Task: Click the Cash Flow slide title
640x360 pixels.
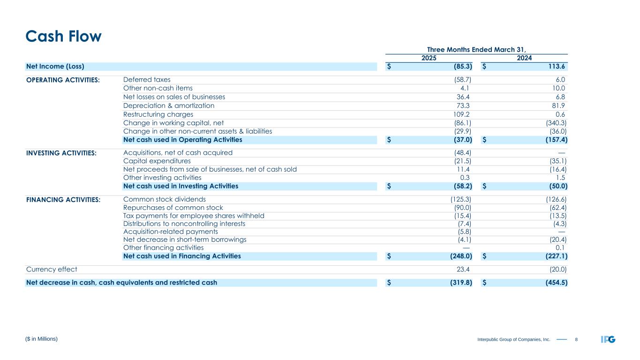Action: coord(63,36)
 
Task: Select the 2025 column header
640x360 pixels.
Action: coord(429,58)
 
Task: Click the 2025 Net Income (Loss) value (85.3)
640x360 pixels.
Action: coord(459,67)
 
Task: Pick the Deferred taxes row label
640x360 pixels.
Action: coord(147,80)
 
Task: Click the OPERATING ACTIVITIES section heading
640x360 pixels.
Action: coord(63,80)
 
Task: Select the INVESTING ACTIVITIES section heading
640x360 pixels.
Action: coord(61,153)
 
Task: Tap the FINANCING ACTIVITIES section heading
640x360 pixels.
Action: coord(63,200)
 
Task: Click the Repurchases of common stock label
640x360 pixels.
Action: coord(173,207)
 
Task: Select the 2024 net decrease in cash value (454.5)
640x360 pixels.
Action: coord(553,283)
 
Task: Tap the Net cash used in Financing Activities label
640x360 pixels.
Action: coord(182,256)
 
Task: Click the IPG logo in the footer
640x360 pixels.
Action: coord(608,339)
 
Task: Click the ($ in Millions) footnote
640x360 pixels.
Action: coord(42,338)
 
